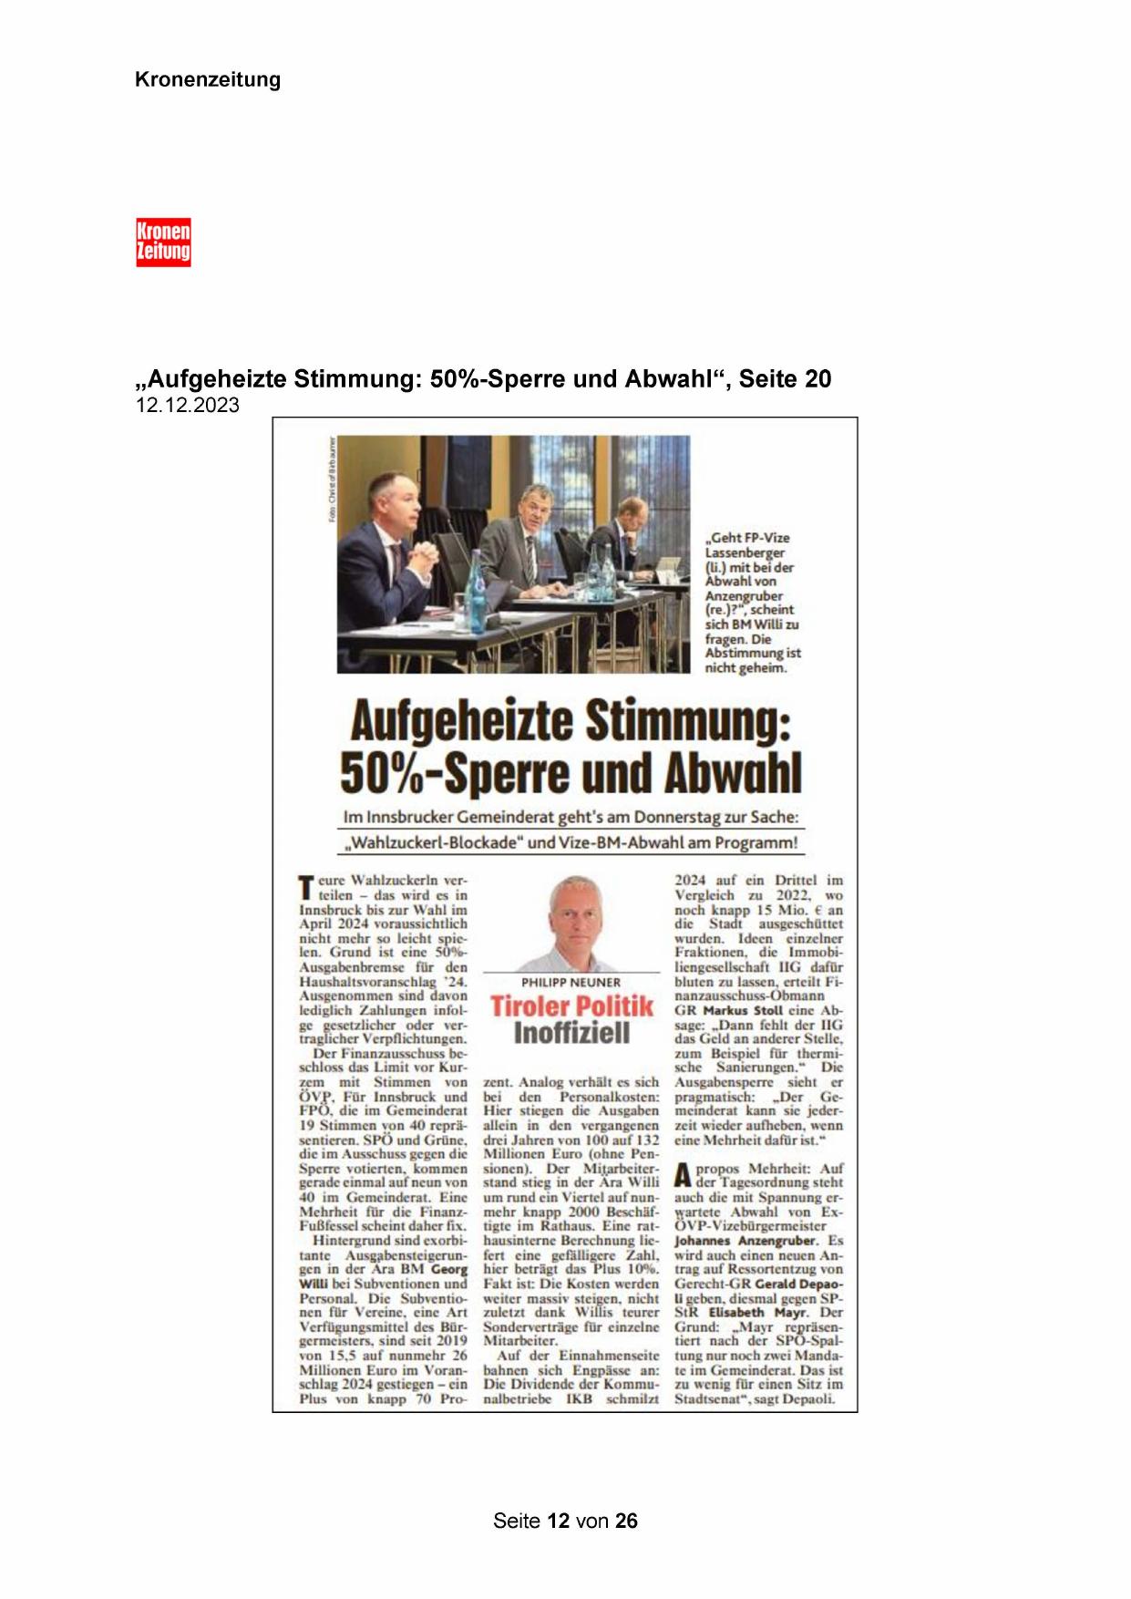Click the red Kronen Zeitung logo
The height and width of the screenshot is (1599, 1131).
[163, 242]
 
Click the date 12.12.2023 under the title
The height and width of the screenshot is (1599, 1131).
[188, 406]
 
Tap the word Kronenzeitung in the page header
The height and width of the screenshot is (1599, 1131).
[208, 79]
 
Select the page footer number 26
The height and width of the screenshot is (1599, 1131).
[626, 1521]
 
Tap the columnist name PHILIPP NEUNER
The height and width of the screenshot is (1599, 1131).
[571, 983]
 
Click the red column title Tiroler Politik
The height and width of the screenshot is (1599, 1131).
[571, 1006]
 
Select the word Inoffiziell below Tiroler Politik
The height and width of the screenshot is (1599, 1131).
[571, 1033]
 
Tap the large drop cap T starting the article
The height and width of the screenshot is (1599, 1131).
[306, 888]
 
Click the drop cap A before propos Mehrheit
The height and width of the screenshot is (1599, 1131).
[683, 1176]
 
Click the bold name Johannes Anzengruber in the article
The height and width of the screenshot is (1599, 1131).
[745, 1241]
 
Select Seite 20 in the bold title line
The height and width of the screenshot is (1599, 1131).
[785, 379]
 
